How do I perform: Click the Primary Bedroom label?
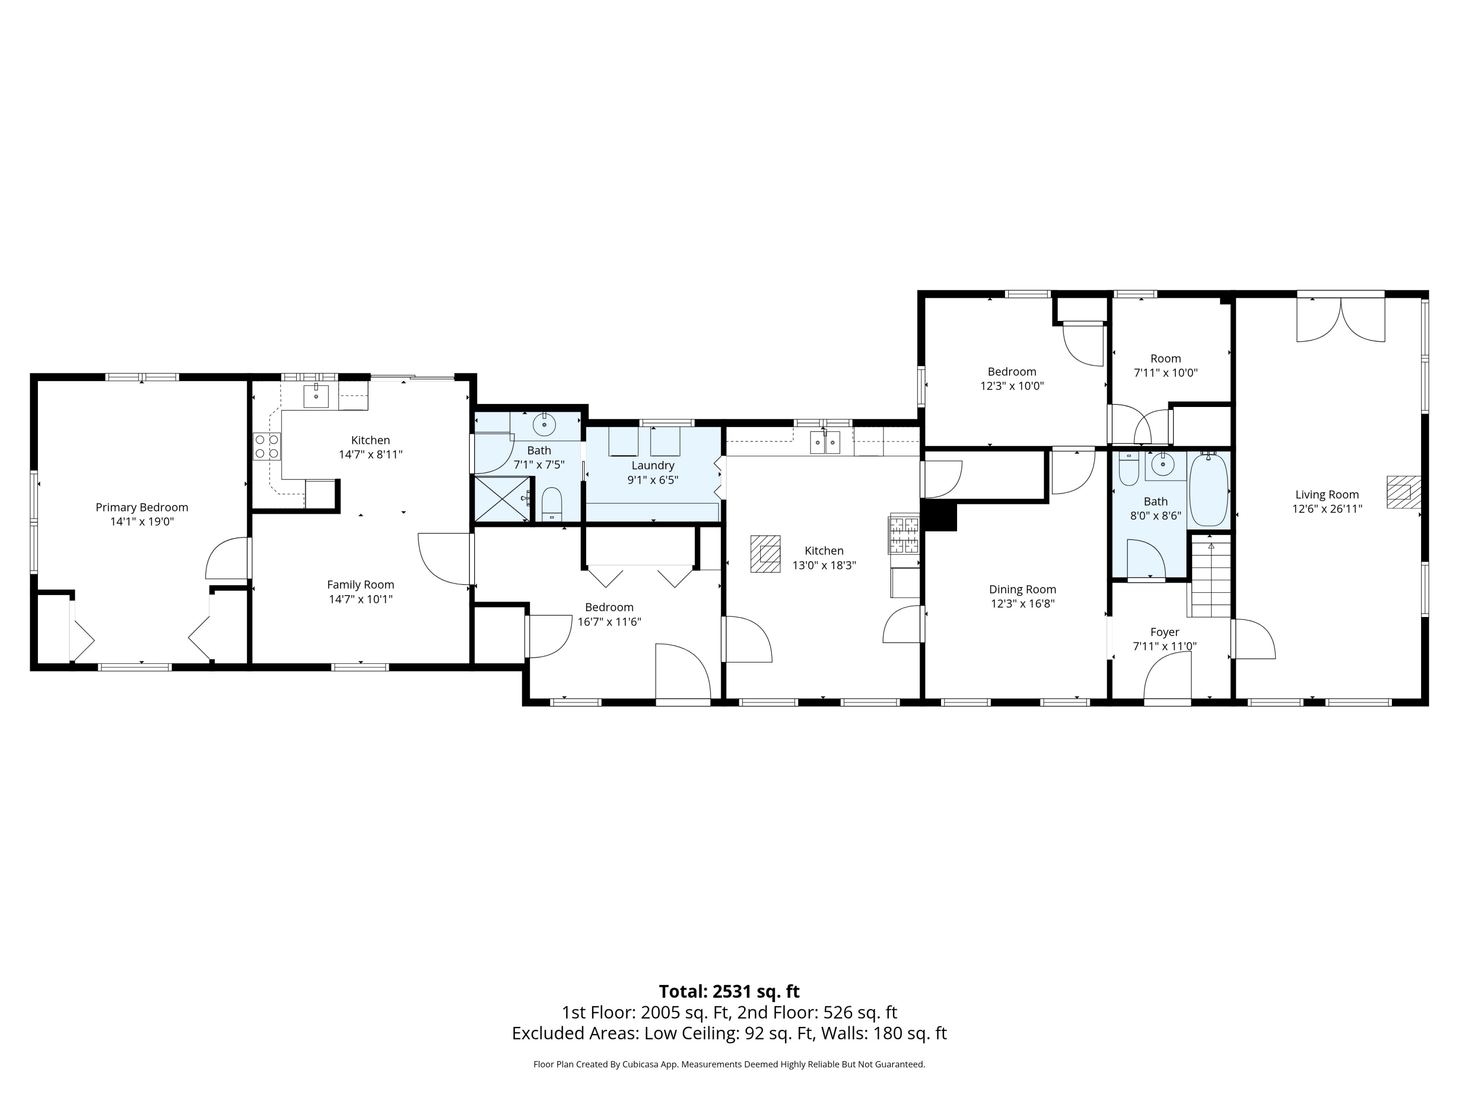point(142,507)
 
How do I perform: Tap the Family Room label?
point(361,584)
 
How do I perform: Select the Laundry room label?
point(653,466)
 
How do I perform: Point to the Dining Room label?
point(1022,589)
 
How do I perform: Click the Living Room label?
point(1327,494)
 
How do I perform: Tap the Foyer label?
point(1165,632)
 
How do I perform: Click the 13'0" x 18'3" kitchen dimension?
point(824,565)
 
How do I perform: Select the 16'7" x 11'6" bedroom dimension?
point(609,622)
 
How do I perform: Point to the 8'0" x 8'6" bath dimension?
point(1156,516)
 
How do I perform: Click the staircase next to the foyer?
point(1210,576)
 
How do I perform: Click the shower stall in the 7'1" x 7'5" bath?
point(502,499)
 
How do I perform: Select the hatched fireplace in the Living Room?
point(1403,493)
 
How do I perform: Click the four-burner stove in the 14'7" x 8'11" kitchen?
point(267,446)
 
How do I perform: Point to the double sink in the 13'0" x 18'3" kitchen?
point(825,442)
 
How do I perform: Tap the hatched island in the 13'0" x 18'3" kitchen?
point(765,553)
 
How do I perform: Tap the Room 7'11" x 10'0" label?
point(1165,365)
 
